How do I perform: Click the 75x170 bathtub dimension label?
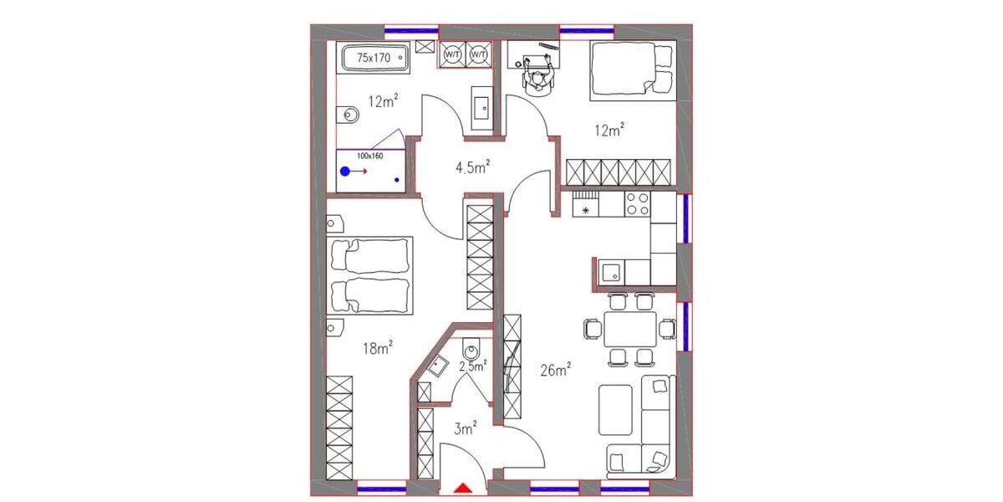(374, 58)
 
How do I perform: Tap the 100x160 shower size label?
(369, 156)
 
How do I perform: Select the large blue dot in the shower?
(345, 172)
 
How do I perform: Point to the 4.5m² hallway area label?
(471, 167)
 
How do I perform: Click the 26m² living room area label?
(555, 369)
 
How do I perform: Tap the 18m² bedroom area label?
(378, 348)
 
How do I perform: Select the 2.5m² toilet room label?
(473, 366)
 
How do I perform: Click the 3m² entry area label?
(466, 429)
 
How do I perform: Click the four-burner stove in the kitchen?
(638, 203)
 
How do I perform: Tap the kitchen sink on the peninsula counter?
(612, 270)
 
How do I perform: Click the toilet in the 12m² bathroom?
(348, 115)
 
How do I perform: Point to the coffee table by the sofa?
(616, 408)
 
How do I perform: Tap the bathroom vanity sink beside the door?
(482, 107)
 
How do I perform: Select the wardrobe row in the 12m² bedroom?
(619, 172)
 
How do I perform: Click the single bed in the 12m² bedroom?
(632, 71)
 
